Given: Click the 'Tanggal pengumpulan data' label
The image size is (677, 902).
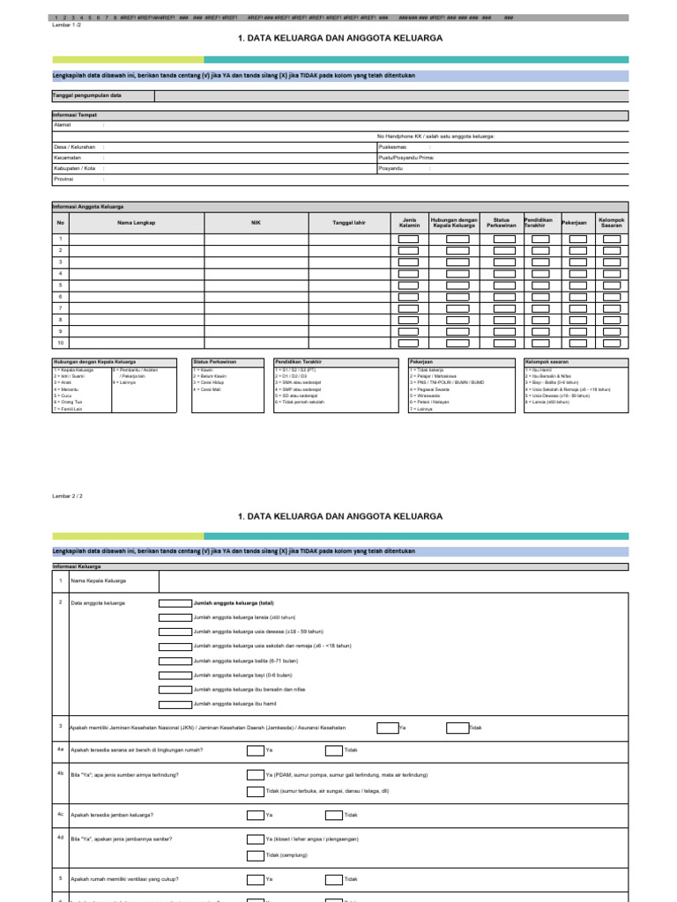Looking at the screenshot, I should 87,94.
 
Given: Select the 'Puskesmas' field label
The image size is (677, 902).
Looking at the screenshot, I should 392,146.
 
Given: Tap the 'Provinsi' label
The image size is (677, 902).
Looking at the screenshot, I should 63,178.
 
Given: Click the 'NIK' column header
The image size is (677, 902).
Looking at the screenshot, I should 256,223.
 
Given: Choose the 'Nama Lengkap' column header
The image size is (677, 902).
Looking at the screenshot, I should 137,223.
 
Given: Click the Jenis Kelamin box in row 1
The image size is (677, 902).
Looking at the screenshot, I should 408,240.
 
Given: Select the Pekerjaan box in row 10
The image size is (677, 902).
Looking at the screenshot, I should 577,342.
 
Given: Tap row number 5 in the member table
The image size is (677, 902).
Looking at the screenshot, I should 61,285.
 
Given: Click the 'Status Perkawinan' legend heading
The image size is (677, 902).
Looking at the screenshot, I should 216,361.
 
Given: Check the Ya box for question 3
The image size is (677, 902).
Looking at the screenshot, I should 386,728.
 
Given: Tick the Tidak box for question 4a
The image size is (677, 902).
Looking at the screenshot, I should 334,750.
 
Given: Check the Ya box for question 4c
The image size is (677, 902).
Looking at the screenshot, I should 255,815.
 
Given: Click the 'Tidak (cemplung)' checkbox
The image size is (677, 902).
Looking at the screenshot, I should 255,855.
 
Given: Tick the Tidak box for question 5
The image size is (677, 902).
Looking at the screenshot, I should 334,879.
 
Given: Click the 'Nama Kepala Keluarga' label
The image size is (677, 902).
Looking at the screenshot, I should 99,581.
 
